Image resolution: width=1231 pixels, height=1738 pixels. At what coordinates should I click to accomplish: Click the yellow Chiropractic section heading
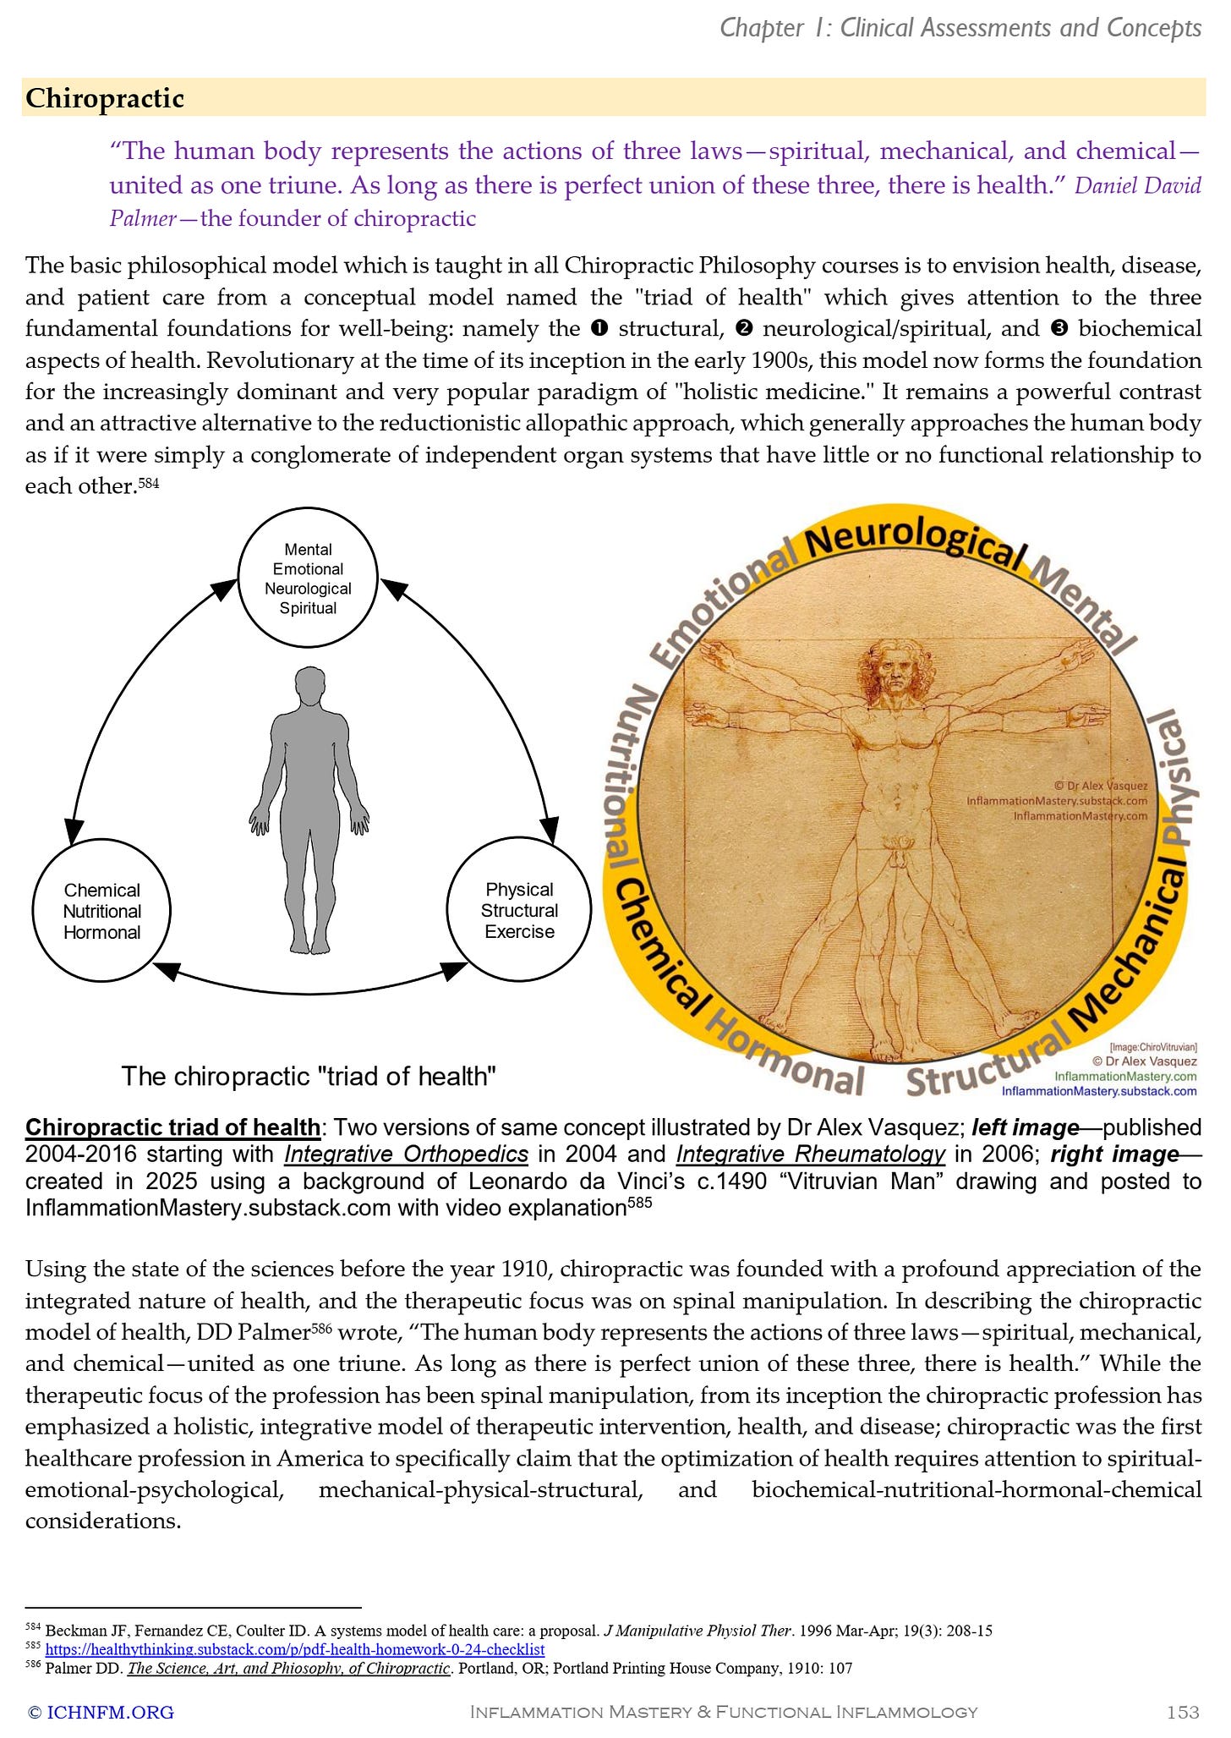(x=105, y=98)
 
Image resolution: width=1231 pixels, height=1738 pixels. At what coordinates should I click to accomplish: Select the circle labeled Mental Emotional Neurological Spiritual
(x=308, y=578)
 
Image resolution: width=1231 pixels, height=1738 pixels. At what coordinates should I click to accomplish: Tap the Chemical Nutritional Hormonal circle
(x=101, y=911)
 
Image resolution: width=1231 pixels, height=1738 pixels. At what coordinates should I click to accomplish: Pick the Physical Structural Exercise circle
(x=519, y=910)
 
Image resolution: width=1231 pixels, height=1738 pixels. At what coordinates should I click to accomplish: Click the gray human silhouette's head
(x=309, y=687)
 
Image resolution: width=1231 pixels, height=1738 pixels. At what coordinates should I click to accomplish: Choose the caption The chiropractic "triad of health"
(x=309, y=1076)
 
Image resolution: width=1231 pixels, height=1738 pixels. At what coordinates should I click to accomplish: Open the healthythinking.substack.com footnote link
(x=294, y=1649)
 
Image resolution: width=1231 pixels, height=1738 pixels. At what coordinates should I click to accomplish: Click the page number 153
(x=1182, y=1712)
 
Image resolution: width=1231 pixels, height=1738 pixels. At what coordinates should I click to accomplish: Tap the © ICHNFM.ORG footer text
(x=101, y=1712)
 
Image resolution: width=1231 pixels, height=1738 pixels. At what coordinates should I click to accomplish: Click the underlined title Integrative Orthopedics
(x=406, y=1154)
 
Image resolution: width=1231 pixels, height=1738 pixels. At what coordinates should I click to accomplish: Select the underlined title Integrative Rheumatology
(x=810, y=1154)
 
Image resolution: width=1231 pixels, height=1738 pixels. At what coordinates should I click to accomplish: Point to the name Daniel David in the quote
(x=1137, y=185)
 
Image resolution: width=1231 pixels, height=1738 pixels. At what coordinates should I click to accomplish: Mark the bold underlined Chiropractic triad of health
(x=172, y=1127)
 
